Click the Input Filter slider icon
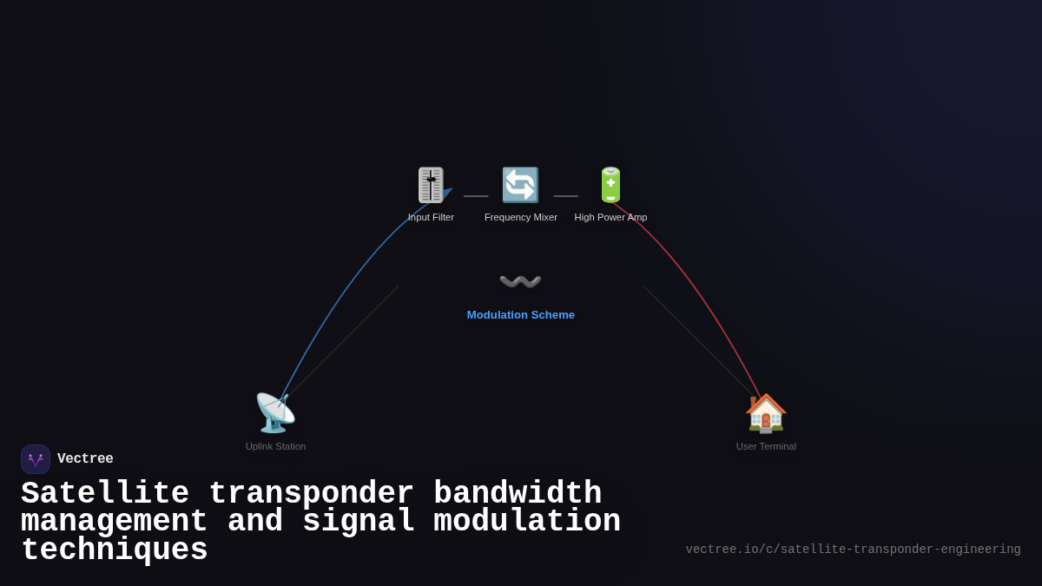[x=431, y=185]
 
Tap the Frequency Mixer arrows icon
[x=520, y=185]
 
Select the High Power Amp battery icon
[x=610, y=185]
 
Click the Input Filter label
[x=431, y=217]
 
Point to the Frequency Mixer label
[x=521, y=217]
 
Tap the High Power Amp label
[x=610, y=217]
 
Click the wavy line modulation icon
[x=520, y=281]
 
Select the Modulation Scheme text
[x=521, y=314]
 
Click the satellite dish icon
[x=275, y=412]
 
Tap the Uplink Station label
[x=275, y=446]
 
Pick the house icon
[x=766, y=412]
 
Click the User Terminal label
[x=766, y=446]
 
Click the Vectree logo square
[x=36, y=459]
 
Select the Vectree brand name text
[x=85, y=459]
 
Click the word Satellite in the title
[x=105, y=494]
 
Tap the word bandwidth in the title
[x=518, y=494]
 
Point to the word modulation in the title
[x=527, y=522]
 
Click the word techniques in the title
[x=115, y=550]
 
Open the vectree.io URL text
[x=853, y=550]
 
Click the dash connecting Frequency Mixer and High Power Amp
[x=565, y=196]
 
